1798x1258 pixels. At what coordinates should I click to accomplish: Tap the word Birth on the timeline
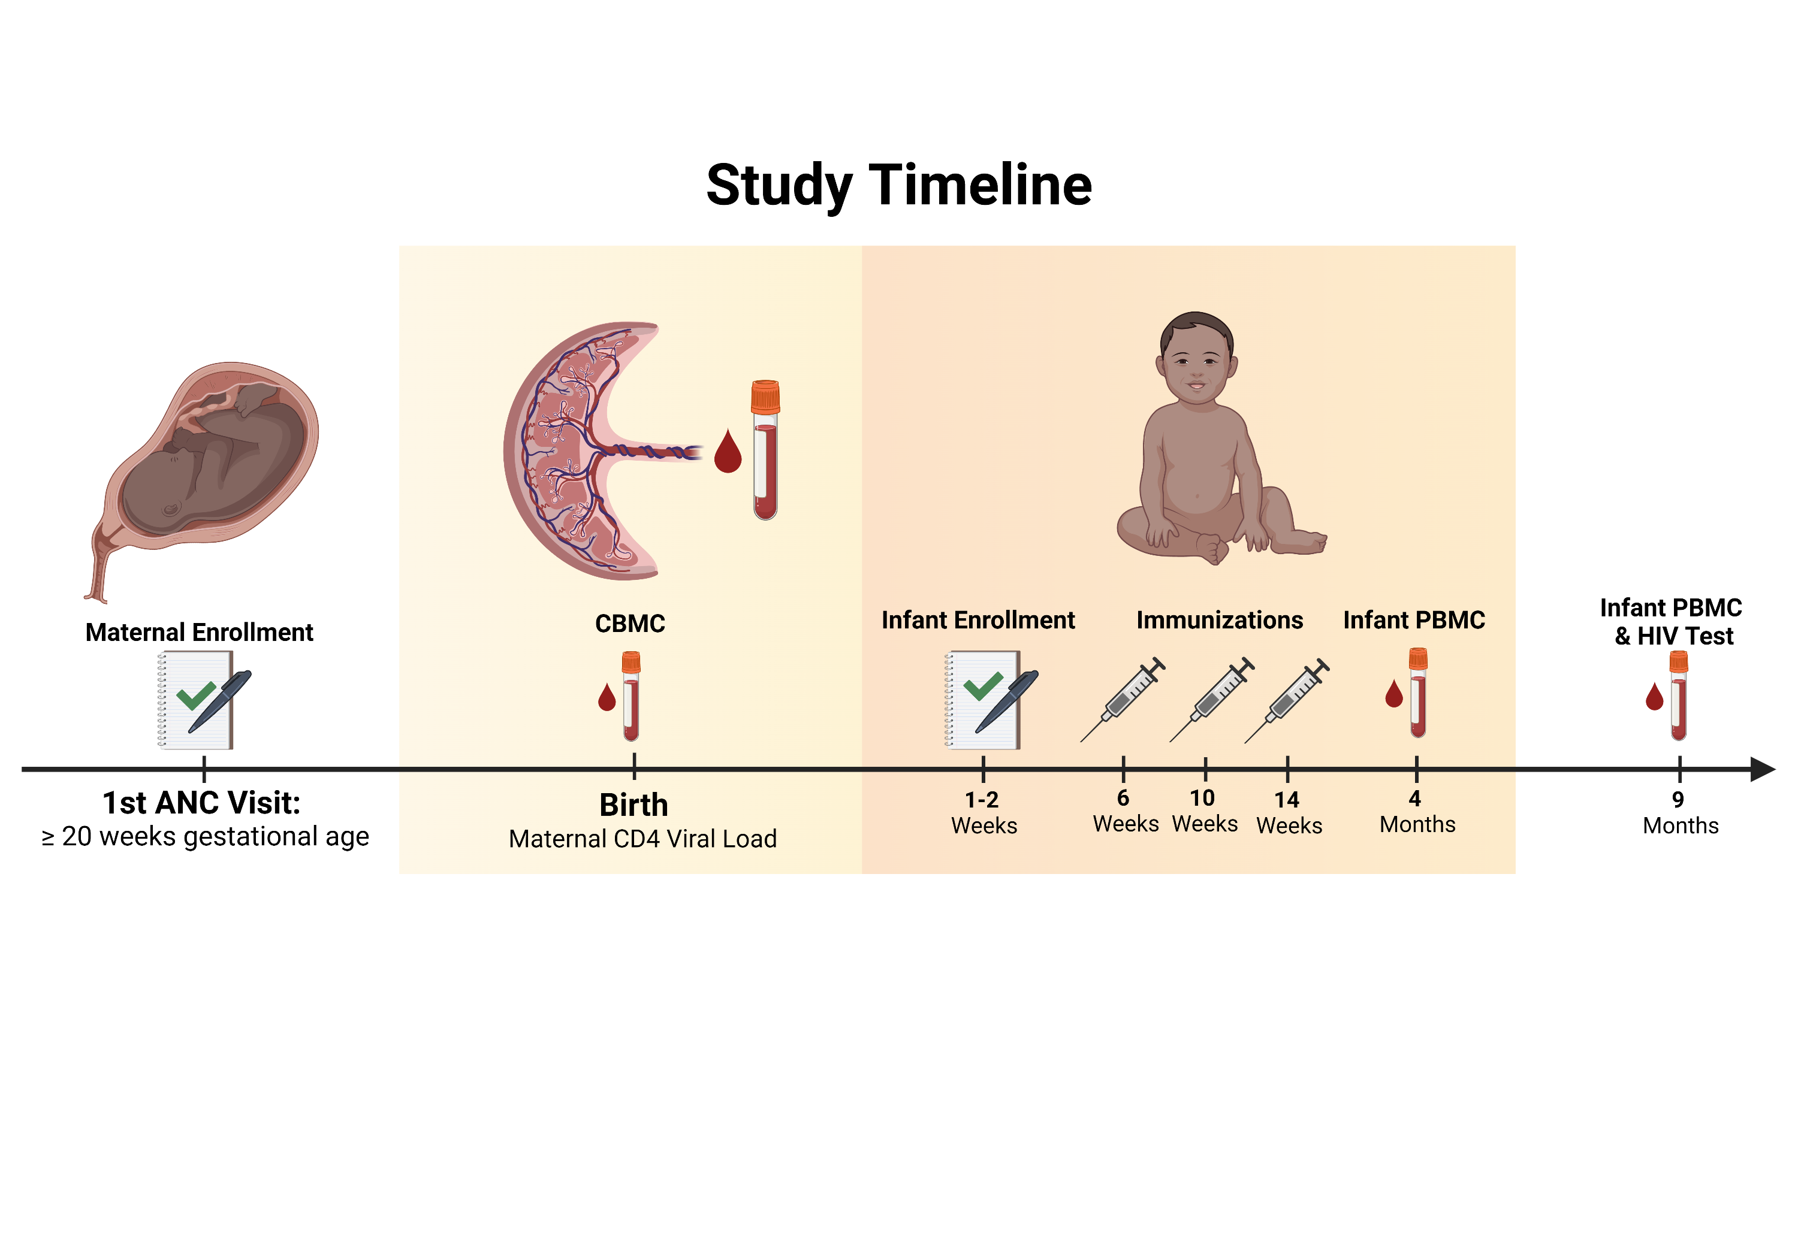click(633, 805)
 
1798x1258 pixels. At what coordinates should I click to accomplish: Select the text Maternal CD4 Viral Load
click(642, 839)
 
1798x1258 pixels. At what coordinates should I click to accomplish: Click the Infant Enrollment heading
click(978, 620)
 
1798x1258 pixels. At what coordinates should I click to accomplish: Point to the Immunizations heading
click(1219, 620)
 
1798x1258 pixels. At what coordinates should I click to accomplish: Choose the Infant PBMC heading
click(1413, 620)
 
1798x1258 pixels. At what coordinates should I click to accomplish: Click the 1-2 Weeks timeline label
click(984, 812)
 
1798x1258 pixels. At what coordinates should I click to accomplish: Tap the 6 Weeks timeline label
click(1126, 811)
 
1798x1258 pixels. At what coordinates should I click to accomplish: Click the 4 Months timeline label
click(1417, 811)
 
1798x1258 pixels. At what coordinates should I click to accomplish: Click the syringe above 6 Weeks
click(1123, 699)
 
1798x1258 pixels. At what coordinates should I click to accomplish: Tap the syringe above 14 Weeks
click(1287, 699)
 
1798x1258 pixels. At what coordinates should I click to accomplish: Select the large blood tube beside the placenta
click(765, 450)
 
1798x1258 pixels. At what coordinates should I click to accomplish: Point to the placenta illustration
click(580, 450)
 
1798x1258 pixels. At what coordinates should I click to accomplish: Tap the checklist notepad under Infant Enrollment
click(984, 700)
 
